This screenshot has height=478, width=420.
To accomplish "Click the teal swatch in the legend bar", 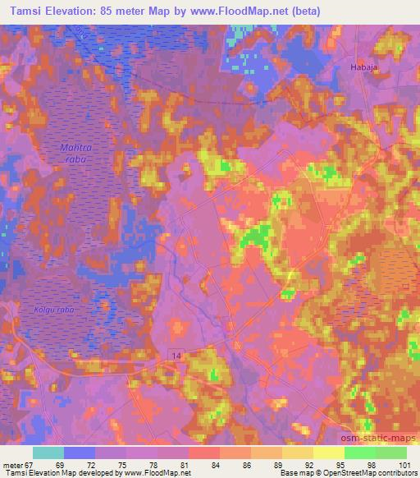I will (x=48, y=453).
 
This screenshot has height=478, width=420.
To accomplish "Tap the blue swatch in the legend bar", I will (x=80, y=453).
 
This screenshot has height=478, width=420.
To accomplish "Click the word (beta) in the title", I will (x=320, y=11).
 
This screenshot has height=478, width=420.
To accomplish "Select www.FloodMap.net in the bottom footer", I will (x=157, y=473).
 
